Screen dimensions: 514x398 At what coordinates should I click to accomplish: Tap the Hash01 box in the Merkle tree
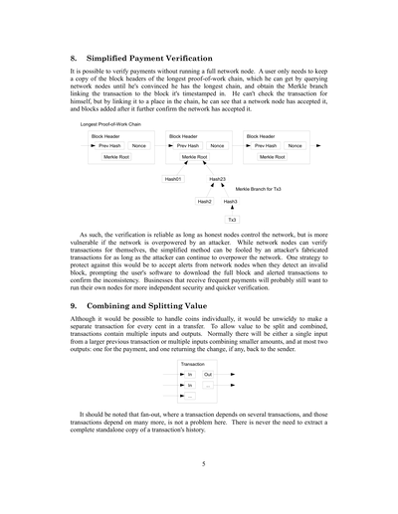(173, 179)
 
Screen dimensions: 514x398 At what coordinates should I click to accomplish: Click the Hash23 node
(217, 179)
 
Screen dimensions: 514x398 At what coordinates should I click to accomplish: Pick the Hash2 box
(205, 201)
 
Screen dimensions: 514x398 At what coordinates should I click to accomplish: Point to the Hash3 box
(230, 201)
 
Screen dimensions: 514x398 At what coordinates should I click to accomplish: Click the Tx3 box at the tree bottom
(232, 219)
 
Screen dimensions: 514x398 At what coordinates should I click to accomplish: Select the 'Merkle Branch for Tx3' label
(258, 188)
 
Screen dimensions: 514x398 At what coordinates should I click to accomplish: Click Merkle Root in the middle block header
(195, 157)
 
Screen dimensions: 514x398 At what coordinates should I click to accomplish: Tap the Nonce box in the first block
(138, 146)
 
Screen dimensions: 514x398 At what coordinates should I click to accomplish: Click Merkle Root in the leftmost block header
(117, 157)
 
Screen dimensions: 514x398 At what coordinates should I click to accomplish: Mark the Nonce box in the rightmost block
(295, 146)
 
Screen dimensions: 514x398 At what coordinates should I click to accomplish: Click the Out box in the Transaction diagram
(208, 374)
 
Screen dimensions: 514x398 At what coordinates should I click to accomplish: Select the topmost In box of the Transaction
(190, 374)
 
